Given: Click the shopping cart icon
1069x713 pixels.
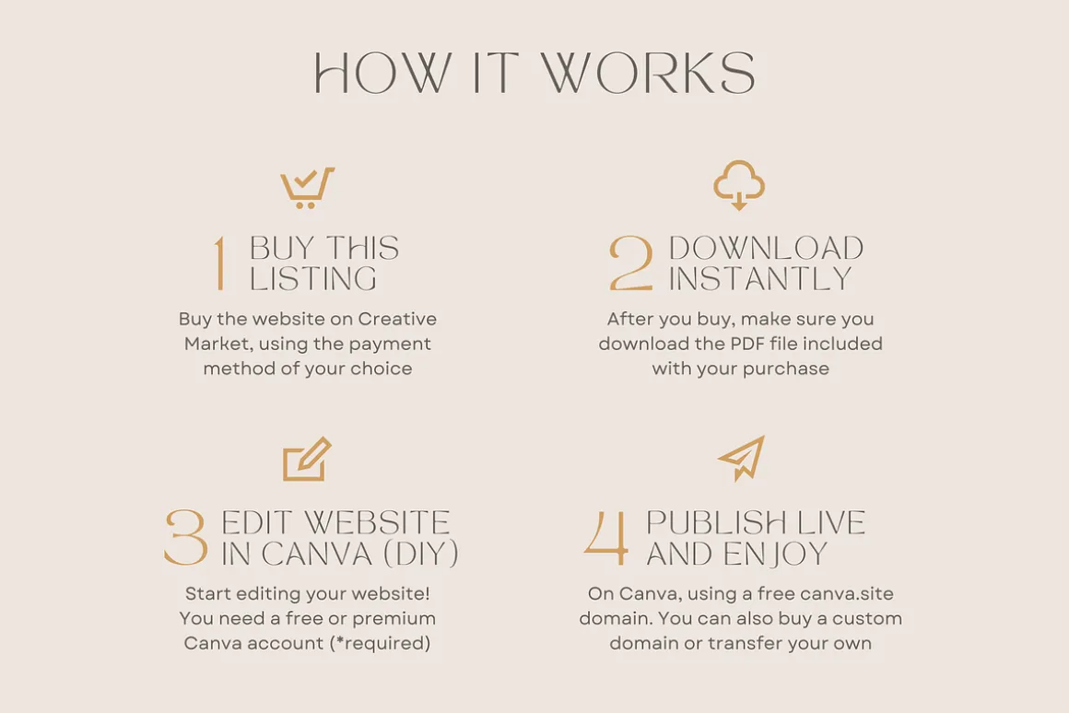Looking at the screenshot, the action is pyautogui.click(x=307, y=188).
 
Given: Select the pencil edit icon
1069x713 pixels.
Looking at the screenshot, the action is pyautogui.click(x=307, y=460).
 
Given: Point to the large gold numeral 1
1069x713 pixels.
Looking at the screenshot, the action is pyautogui.click(x=219, y=263).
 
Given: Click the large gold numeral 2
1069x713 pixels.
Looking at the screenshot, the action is pyautogui.click(x=630, y=263).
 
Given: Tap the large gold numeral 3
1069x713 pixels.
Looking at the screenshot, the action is pyautogui.click(x=185, y=538).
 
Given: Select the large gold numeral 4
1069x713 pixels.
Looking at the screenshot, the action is pyautogui.click(x=606, y=538).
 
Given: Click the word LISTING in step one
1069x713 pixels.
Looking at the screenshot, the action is pyautogui.click(x=313, y=279).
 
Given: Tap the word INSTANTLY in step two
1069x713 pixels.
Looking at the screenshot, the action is pyautogui.click(x=760, y=279).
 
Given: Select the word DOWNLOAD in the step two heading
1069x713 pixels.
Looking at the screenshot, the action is pyautogui.click(x=767, y=248).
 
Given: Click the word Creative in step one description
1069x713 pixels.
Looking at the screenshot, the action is pyautogui.click(x=397, y=319).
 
